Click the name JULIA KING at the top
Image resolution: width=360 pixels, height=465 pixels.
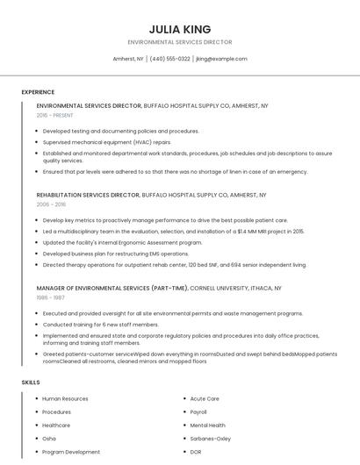pyautogui.click(x=180, y=29)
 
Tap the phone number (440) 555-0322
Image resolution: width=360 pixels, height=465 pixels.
pyautogui.click(x=169, y=59)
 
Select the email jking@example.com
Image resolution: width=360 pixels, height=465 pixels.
pyautogui.click(x=221, y=59)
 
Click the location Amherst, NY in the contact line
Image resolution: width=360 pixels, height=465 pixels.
pyautogui.click(x=128, y=59)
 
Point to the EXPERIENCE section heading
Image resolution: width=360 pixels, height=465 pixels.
pyautogui.click(x=38, y=91)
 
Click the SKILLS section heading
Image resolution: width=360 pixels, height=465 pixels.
pyautogui.click(x=31, y=383)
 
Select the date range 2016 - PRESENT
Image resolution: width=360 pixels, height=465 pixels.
pyautogui.click(x=55, y=115)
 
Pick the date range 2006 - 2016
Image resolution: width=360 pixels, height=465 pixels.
pyautogui.click(x=51, y=204)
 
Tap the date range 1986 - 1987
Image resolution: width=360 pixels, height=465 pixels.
pyautogui.click(x=51, y=297)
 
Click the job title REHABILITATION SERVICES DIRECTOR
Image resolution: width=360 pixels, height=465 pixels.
pyautogui.click(x=88, y=195)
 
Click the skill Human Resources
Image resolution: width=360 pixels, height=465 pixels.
pyautogui.click(x=65, y=398)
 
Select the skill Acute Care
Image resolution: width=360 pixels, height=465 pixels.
pyautogui.click(x=205, y=398)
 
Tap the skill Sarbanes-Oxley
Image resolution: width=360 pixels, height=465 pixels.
pyautogui.click(x=211, y=439)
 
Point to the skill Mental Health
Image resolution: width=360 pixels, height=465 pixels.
pyautogui.click(x=208, y=426)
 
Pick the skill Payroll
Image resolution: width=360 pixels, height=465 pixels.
pyautogui.click(x=198, y=411)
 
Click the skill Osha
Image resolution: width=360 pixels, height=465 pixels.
pyautogui.click(x=49, y=439)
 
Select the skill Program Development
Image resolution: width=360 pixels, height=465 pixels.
pyautogui.click(x=71, y=452)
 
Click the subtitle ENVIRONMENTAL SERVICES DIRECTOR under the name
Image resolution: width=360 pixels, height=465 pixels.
pyautogui.click(x=180, y=42)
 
